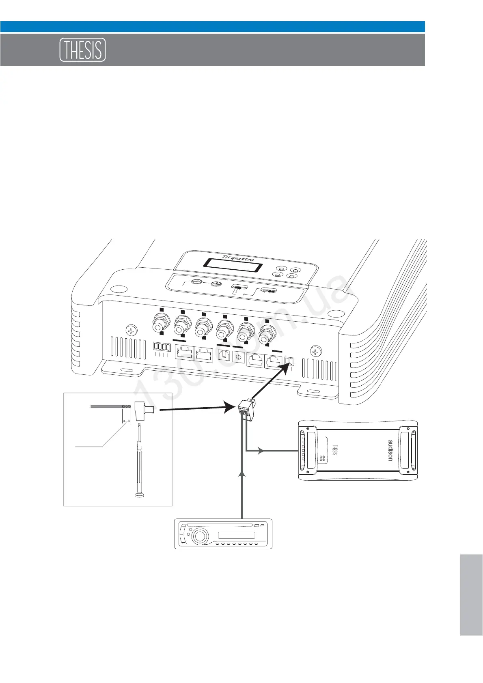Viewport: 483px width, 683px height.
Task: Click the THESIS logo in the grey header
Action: click(x=83, y=50)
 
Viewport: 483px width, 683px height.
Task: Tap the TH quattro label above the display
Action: click(x=238, y=258)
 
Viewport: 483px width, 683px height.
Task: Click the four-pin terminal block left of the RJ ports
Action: click(x=162, y=347)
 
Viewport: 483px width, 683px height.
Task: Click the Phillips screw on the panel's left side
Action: click(x=131, y=331)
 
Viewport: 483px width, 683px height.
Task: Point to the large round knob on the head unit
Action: click(x=199, y=537)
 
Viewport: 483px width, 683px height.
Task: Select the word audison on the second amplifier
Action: click(x=390, y=450)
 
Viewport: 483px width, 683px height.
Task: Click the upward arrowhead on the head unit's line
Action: click(x=242, y=473)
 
